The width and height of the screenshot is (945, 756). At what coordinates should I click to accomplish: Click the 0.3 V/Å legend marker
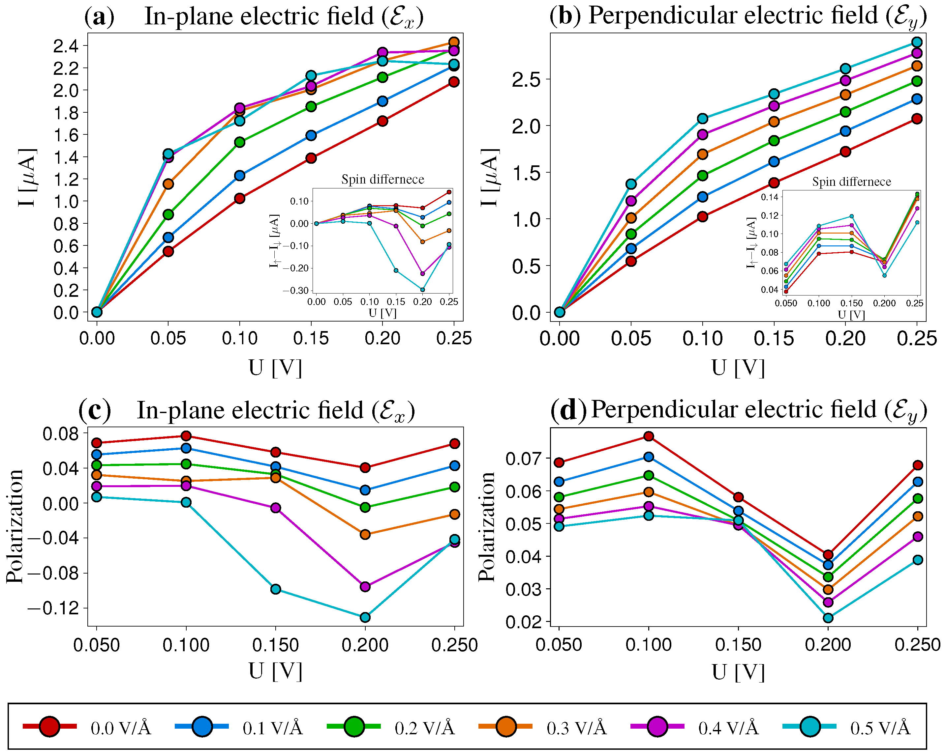pyautogui.click(x=506, y=727)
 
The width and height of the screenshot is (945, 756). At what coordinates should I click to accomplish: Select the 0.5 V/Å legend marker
pyautogui.click(x=810, y=727)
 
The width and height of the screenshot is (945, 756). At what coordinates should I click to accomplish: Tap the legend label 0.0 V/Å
pyautogui.click(x=121, y=728)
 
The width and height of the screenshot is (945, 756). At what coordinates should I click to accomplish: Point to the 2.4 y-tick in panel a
pyautogui.click(x=66, y=45)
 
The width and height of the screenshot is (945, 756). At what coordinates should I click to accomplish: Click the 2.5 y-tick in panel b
pyautogui.click(x=526, y=79)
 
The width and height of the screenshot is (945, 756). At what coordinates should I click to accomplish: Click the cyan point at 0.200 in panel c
pyautogui.click(x=365, y=617)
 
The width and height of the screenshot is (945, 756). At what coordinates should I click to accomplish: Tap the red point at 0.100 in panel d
pyautogui.click(x=649, y=436)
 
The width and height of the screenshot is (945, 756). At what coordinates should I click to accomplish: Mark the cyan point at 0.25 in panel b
pyautogui.click(x=917, y=42)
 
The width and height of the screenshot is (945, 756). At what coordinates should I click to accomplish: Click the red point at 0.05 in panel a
pyautogui.click(x=168, y=251)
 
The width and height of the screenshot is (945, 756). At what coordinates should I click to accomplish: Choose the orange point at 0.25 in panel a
pyautogui.click(x=454, y=42)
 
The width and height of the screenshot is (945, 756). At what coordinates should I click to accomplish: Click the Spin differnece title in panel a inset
pyautogui.click(x=382, y=179)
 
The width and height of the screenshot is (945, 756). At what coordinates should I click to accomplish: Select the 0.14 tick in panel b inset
pyautogui.click(x=770, y=197)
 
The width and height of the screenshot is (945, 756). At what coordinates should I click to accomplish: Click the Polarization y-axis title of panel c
pyautogui.click(x=15, y=526)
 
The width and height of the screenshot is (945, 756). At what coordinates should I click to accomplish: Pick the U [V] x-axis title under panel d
pyautogui.click(x=738, y=671)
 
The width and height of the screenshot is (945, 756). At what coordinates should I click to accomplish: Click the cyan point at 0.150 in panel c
pyautogui.click(x=276, y=589)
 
